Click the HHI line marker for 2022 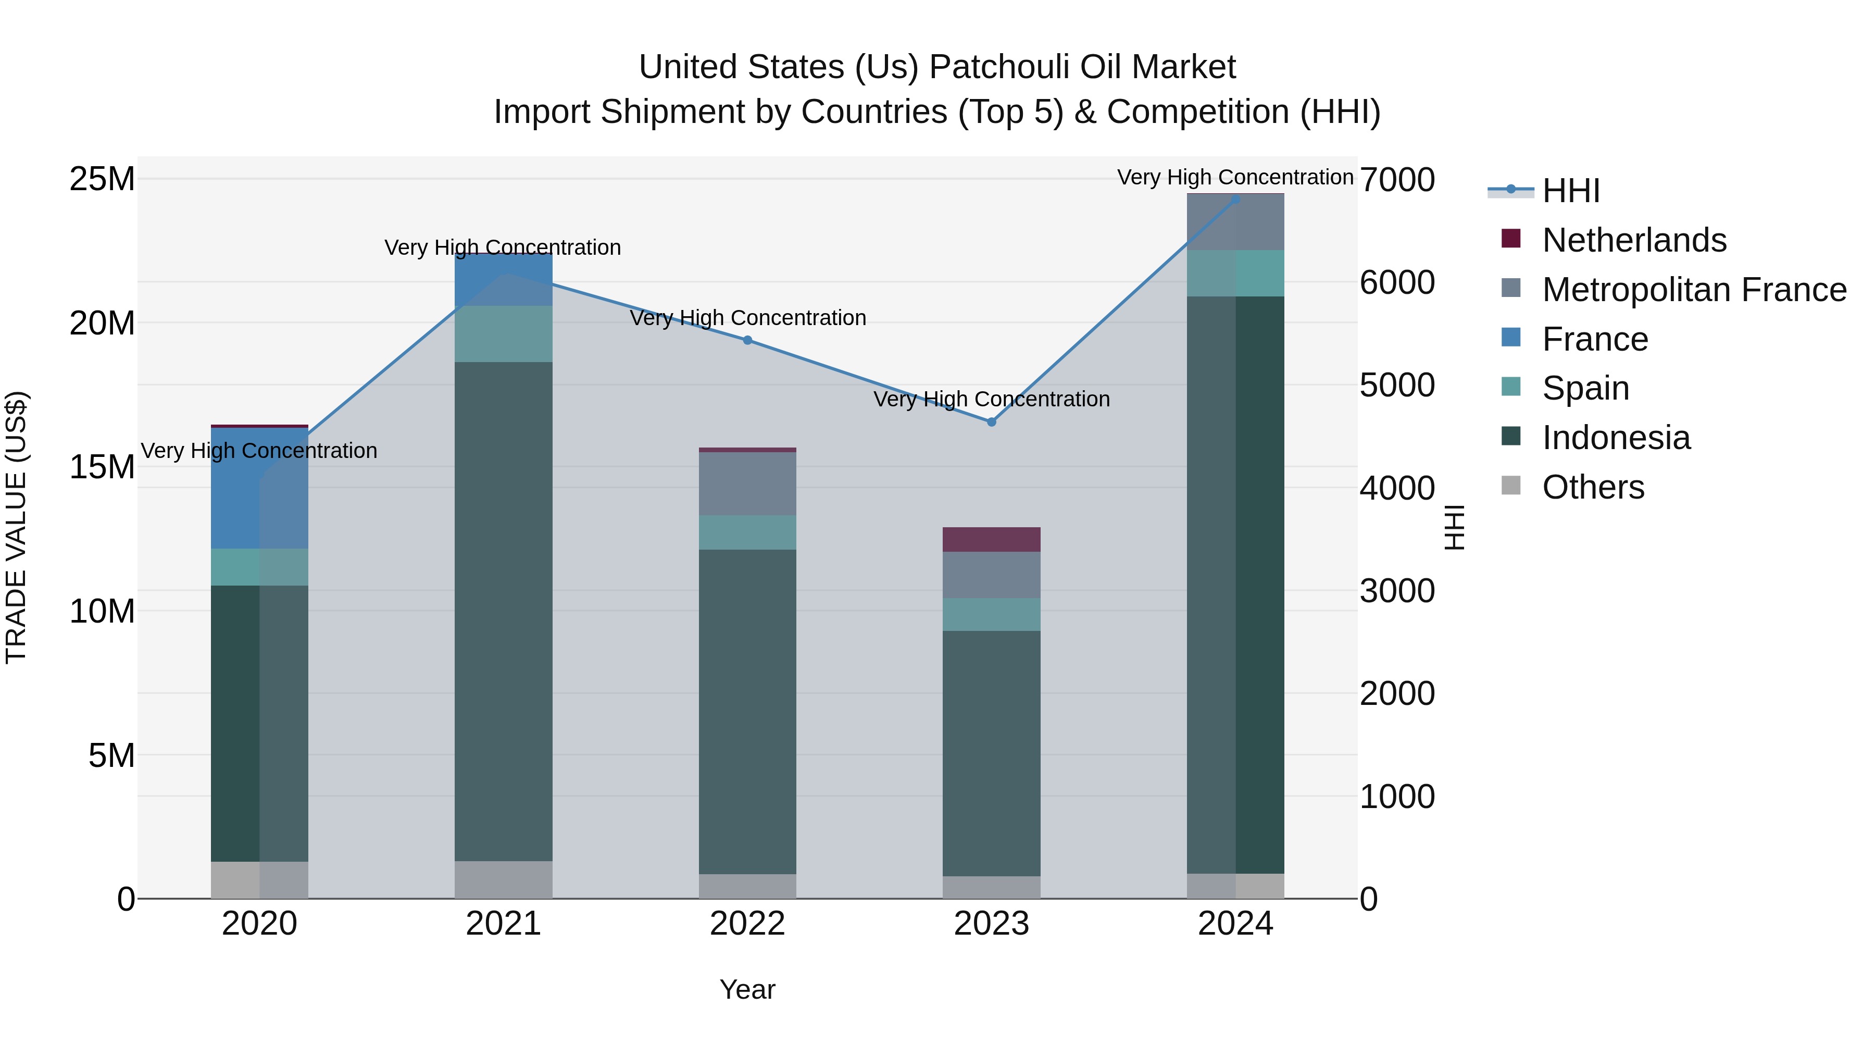tap(747, 340)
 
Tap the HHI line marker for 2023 tap(991, 421)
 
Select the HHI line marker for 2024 tap(1235, 199)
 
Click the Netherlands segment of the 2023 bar tap(991, 540)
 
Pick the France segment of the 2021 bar tap(503, 280)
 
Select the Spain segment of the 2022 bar tap(747, 532)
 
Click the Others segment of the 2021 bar tap(503, 879)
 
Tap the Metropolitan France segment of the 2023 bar tap(991, 575)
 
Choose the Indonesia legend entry tap(1616, 438)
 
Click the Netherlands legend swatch tap(1510, 239)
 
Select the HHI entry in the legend tap(1571, 191)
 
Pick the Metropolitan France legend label tap(1694, 290)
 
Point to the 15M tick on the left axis tap(102, 467)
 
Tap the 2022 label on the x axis tap(747, 924)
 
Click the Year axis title tap(747, 989)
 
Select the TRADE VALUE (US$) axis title tap(16, 527)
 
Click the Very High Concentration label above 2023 tap(991, 399)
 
